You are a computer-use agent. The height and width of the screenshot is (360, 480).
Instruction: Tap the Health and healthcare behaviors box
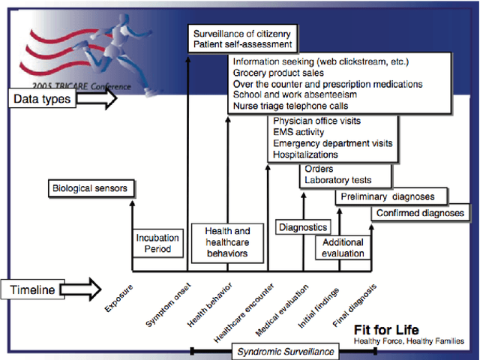[x=227, y=243]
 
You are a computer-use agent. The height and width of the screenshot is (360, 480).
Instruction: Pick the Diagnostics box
[x=303, y=226]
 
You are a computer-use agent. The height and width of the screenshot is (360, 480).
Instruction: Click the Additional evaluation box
[x=343, y=247]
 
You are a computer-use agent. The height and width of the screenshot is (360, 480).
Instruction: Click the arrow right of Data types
[x=97, y=98]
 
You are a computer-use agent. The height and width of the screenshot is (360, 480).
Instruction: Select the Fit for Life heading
[x=385, y=330]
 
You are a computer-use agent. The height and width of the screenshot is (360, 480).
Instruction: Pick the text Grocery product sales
[x=278, y=73]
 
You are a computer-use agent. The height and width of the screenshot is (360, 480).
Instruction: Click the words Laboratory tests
[x=338, y=180]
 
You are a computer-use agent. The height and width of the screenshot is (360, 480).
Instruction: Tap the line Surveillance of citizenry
[x=242, y=34]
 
